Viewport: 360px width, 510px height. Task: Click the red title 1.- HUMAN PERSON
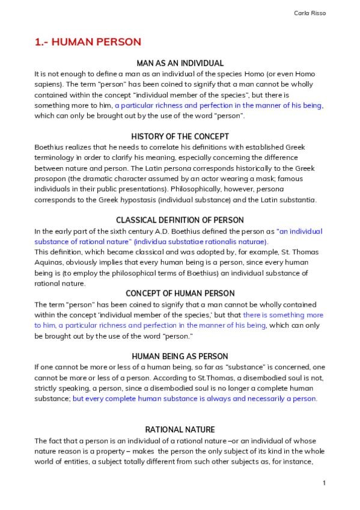pos(88,42)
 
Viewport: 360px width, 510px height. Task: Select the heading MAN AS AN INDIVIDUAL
pos(180,63)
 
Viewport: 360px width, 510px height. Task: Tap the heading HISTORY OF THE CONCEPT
pos(180,137)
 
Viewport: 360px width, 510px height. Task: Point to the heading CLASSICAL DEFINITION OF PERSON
pos(180,220)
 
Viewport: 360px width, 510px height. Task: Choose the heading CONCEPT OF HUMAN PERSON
pos(180,293)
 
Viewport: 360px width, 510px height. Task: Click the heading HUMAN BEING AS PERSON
pos(180,357)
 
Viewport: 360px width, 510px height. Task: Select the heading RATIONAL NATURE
pos(180,429)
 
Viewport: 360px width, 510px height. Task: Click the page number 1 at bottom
pos(324,483)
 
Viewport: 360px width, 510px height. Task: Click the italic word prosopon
pos(49,179)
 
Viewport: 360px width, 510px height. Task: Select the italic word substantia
pos(299,200)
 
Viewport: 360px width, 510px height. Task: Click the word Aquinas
pos(49,262)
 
